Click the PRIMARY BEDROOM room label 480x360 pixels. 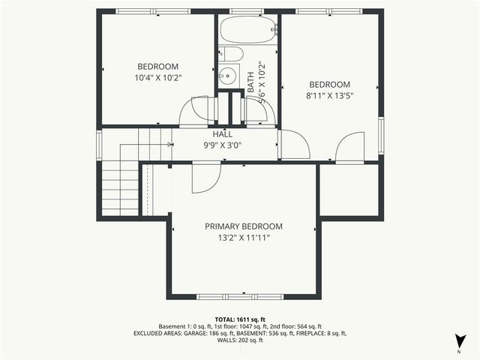tap(244, 226)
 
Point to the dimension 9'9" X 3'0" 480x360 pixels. tap(222, 145)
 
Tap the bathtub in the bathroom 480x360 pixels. tap(248, 31)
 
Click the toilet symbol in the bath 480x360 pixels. tap(230, 53)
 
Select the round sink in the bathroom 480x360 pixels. tap(226, 76)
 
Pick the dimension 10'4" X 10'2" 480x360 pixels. tap(158, 77)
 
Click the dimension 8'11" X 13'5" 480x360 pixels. tap(331, 96)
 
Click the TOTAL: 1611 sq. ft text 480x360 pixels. tap(240, 319)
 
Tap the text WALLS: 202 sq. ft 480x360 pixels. tap(240, 340)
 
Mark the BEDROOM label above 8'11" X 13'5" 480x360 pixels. tap(331, 85)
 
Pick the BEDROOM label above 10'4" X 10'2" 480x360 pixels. tap(158, 66)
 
